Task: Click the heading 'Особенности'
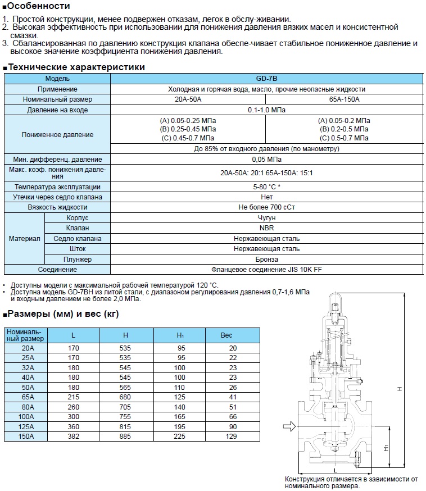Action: point(39,7)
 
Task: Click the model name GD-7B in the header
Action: point(267,79)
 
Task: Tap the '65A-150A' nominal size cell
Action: point(344,99)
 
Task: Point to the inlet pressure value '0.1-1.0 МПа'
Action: point(267,110)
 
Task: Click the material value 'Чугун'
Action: point(267,217)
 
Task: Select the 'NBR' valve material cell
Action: point(267,228)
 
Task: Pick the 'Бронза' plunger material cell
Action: point(267,259)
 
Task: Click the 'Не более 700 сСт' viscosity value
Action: point(267,207)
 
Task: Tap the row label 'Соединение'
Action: point(57,269)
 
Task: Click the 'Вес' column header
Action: point(226,335)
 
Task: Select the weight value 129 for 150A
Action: point(233,436)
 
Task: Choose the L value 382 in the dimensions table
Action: point(74,436)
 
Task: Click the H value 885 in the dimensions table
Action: point(125,436)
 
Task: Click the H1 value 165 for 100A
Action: point(179,417)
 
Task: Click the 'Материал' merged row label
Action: point(24,238)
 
